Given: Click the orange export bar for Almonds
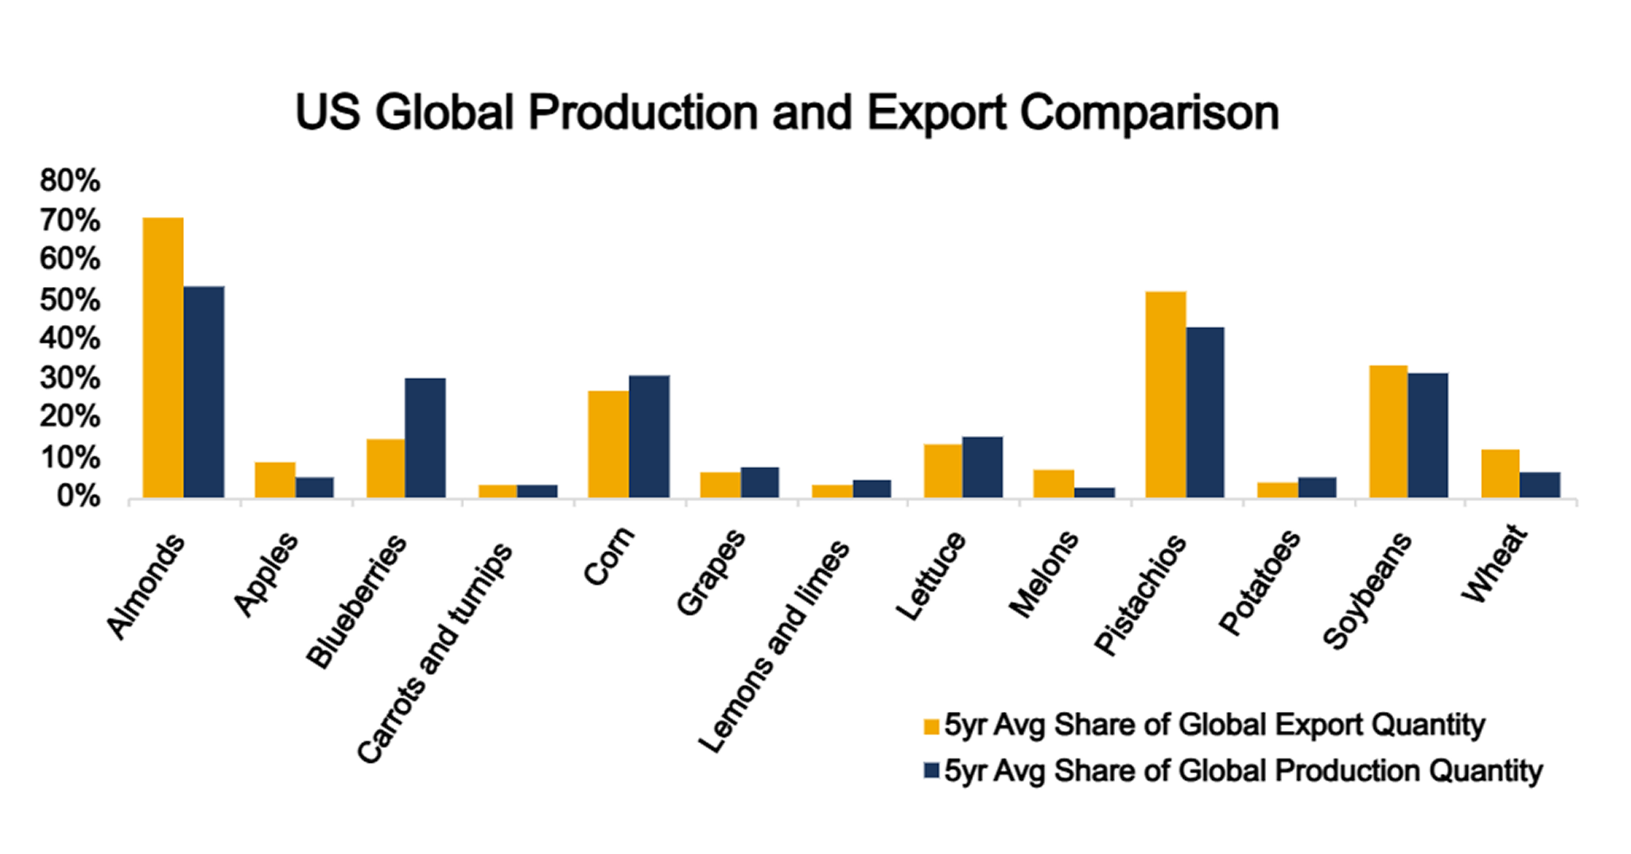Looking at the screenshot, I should [x=163, y=358].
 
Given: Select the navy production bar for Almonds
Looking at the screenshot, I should [x=204, y=392].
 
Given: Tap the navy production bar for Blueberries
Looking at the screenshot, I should [x=425, y=438].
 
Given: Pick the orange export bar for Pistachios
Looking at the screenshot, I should [x=1165, y=394].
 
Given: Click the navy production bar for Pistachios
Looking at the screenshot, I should [x=1206, y=412].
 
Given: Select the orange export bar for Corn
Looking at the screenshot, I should [x=608, y=444].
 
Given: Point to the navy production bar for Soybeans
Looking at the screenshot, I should [x=1428, y=435].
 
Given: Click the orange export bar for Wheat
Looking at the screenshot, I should [x=1501, y=473].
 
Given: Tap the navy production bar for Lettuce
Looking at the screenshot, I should [x=983, y=467].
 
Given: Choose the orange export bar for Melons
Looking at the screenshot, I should [x=1053, y=483].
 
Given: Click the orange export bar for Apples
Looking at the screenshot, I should [x=275, y=480].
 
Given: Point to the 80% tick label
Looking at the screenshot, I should [x=70, y=181].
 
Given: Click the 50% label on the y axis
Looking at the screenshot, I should [x=70, y=300].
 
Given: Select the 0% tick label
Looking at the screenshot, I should [x=78, y=496].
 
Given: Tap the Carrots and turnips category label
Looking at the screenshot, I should [x=435, y=653].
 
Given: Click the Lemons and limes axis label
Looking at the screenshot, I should [x=775, y=646].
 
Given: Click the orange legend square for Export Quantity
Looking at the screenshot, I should [x=931, y=726].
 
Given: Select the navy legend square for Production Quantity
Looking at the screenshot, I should [x=931, y=770].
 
